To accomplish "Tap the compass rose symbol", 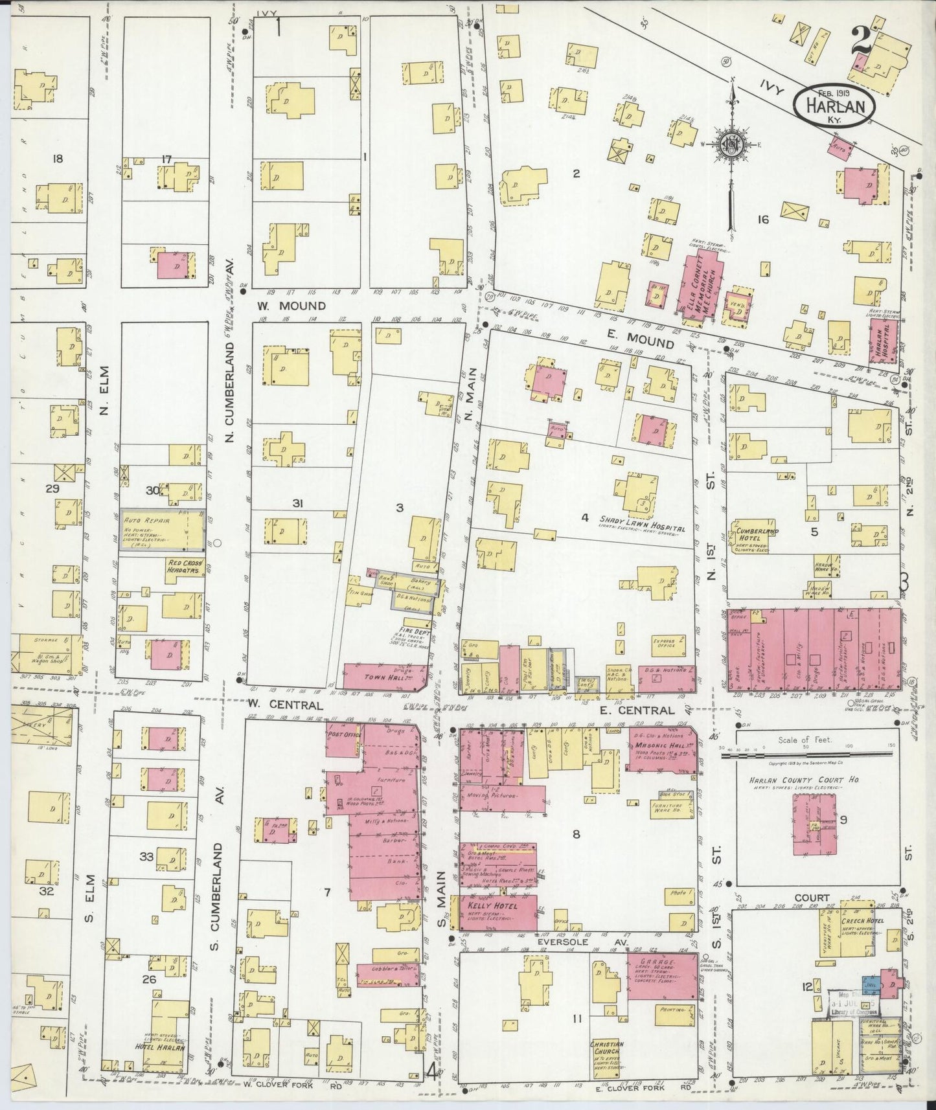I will (731, 143).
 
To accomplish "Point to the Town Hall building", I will (382, 675).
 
